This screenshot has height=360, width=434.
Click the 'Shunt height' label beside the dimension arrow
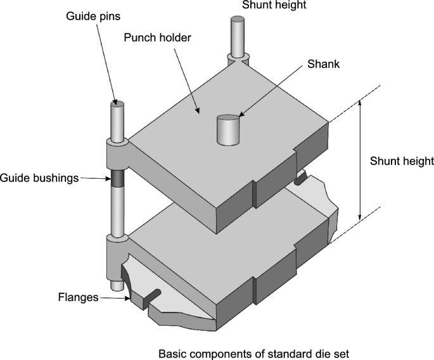click(402, 161)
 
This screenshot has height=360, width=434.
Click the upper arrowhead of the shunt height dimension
click(361, 103)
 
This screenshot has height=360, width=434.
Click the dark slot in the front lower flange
click(151, 294)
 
